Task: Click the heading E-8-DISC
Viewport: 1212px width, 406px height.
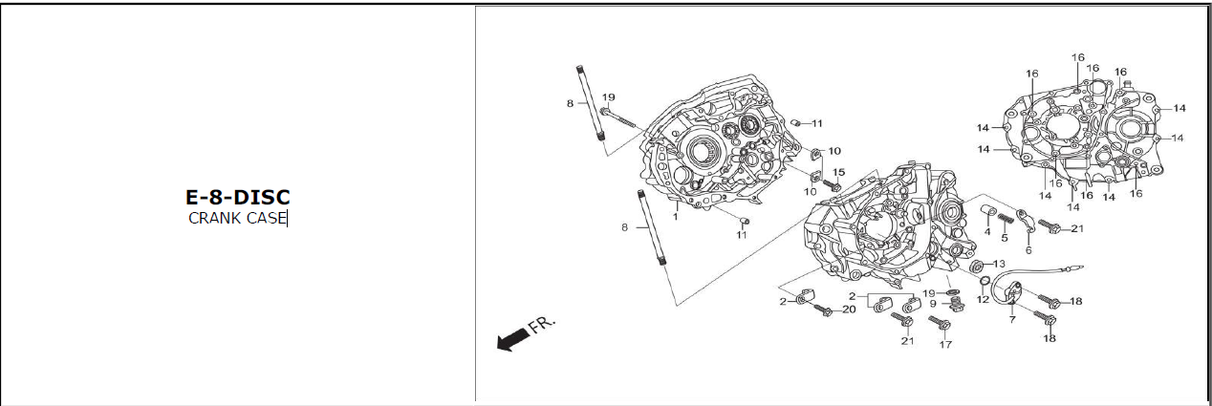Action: (x=237, y=197)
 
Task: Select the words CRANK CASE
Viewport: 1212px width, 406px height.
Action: (x=237, y=218)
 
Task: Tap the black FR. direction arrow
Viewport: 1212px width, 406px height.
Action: (x=513, y=337)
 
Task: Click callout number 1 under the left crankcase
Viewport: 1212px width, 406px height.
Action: (x=675, y=217)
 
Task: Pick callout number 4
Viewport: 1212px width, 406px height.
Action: (x=987, y=231)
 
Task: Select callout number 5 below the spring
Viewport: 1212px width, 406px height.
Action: (x=1005, y=238)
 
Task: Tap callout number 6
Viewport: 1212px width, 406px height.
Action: (x=1028, y=250)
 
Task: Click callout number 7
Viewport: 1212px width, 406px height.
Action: (x=1011, y=319)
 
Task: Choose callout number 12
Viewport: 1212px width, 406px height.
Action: (x=982, y=299)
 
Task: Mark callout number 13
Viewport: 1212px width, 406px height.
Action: (x=999, y=264)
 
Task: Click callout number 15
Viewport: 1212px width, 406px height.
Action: (x=838, y=172)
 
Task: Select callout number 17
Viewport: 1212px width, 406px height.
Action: (x=945, y=345)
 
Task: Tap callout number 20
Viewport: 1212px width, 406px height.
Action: (x=849, y=310)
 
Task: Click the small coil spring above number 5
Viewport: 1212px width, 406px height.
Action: (x=1005, y=221)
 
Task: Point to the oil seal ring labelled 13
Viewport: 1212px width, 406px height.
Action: (x=979, y=265)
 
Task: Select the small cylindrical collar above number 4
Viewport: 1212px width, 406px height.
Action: (x=989, y=210)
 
